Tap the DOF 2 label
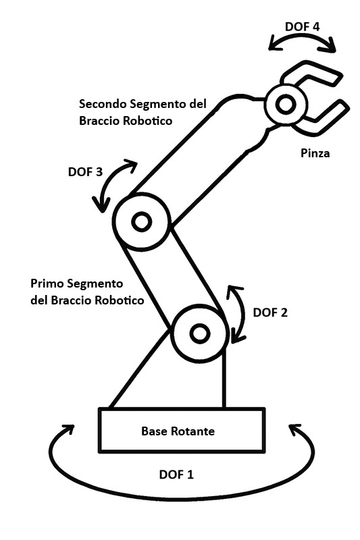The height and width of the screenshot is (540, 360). pos(270,313)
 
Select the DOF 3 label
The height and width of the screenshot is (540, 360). pos(86,171)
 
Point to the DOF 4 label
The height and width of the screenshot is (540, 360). pos(303,28)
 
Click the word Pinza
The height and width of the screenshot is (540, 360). pos(315,153)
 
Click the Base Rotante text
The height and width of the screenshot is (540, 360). pos(178,431)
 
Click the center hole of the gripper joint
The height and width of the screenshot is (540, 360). pos(284,104)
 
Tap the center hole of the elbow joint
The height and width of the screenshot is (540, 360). pos(141,221)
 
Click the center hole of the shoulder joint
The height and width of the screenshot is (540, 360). pos(199,333)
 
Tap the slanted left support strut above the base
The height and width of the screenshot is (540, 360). pos(138,370)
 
